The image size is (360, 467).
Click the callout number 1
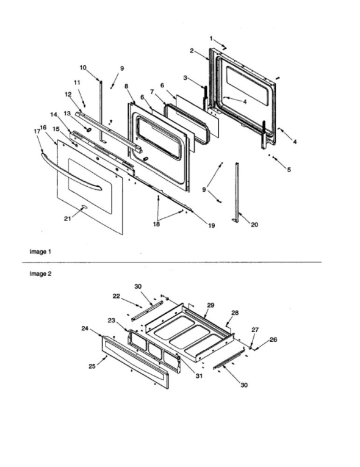pyautogui.click(x=212, y=38)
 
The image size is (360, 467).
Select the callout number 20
pyautogui.click(x=254, y=225)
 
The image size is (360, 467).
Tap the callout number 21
pyautogui.click(x=68, y=218)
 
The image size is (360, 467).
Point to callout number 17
pyautogui.click(x=36, y=131)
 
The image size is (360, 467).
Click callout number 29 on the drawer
pyautogui.click(x=211, y=305)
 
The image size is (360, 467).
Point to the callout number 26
pyautogui.click(x=273, y=340)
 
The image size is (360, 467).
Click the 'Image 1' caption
pyautogui.click(x=41, y=252)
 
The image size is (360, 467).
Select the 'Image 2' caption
pyautogui.click(x=41, y=274)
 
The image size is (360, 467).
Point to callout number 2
pyautogui.click(x=192, y=51)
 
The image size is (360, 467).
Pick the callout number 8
pyautogui.click(x=126, y=87)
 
